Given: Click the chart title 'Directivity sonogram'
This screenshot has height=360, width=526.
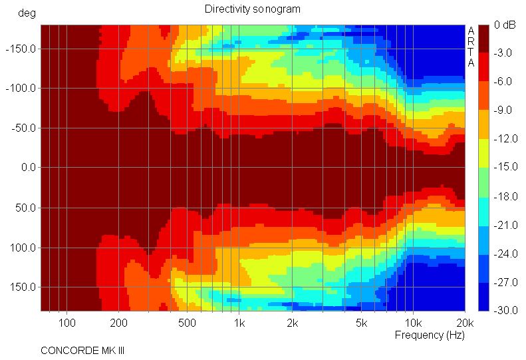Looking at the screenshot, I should [252, 9].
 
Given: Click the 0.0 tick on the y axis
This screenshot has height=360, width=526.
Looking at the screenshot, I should [28, 168].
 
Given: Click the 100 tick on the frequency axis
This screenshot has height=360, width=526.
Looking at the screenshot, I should [66, 323].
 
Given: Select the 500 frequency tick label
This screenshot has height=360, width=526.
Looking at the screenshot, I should [187, 323].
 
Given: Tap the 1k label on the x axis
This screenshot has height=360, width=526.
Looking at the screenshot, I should [239, 323].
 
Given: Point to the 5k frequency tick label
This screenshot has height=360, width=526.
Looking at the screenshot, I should [360, 323].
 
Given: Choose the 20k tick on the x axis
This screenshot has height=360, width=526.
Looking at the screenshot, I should [464, 323].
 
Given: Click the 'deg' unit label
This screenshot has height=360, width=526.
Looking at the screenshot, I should [27, 13].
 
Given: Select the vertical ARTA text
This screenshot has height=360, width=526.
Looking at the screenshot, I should [471, 47].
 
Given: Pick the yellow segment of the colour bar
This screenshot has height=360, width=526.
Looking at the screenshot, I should [484, 153].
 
